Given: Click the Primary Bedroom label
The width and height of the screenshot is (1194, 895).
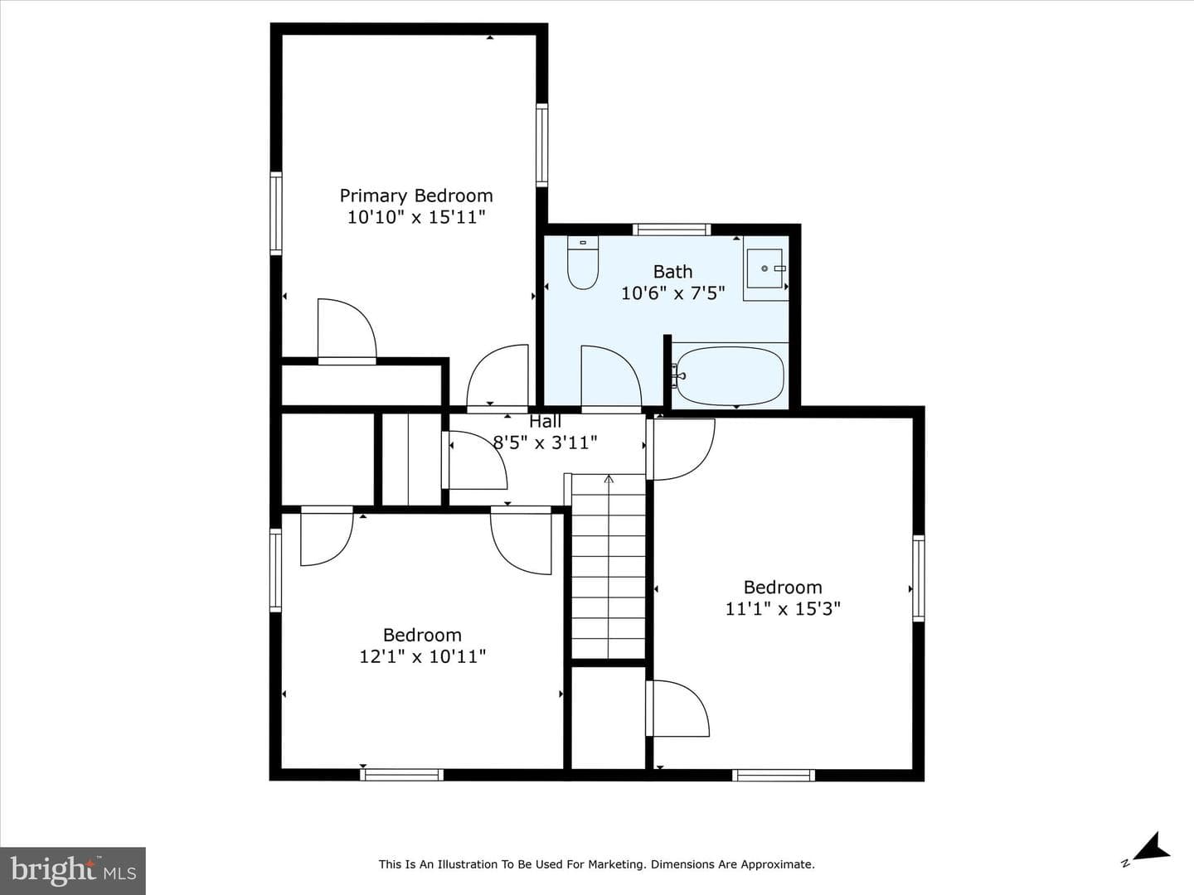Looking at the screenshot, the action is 416,196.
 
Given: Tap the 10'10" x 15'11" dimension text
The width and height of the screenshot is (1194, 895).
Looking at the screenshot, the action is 416,217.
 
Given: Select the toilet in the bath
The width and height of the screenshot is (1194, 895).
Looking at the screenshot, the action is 583,262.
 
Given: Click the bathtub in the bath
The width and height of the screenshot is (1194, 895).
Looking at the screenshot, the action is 729,376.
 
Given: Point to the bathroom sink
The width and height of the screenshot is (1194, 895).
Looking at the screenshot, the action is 764,268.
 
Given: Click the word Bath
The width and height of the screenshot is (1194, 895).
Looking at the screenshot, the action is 673,272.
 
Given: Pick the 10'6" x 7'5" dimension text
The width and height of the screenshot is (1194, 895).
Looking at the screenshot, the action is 673,293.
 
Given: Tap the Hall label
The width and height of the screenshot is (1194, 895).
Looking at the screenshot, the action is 545,421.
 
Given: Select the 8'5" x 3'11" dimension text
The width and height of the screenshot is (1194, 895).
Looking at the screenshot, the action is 545,443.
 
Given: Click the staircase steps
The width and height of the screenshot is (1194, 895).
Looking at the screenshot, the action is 608,566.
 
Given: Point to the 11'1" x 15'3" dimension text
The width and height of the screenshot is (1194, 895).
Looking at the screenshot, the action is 783,608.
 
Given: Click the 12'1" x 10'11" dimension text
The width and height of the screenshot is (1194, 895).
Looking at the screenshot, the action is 422,656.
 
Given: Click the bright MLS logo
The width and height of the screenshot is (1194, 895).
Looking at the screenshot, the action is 72,870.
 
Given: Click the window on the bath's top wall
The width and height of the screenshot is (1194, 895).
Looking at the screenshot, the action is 672,230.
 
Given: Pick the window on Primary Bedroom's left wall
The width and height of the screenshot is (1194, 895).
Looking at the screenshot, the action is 276,213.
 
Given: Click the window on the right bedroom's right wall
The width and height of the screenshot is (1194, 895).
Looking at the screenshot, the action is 918,578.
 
